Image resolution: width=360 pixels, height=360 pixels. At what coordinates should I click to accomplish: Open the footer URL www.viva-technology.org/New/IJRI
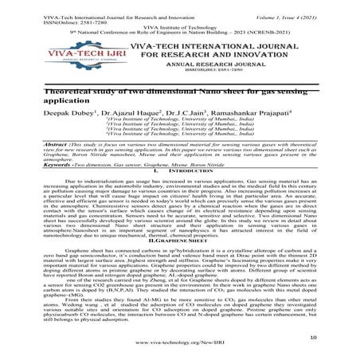pyautogui.click(x=179, y=350)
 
